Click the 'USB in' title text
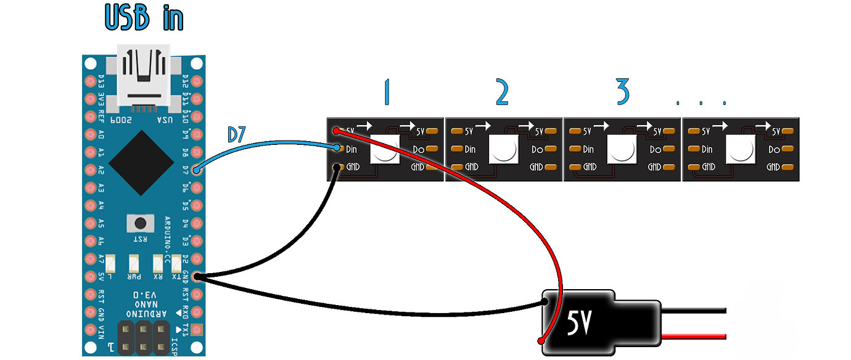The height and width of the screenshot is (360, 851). (x=144, y=17)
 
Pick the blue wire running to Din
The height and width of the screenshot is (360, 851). (x=265, y=148)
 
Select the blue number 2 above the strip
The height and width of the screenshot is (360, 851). (x=502, y=92)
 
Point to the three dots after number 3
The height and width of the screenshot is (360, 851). (x=701, y=102)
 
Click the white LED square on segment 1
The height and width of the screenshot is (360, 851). (x=384, y=150)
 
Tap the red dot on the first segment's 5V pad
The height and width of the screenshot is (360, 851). (x=335, y=131)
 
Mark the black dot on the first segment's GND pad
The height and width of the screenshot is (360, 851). (x=335, y=166)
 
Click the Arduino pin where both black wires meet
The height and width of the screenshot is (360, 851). (x=197, y=276)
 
